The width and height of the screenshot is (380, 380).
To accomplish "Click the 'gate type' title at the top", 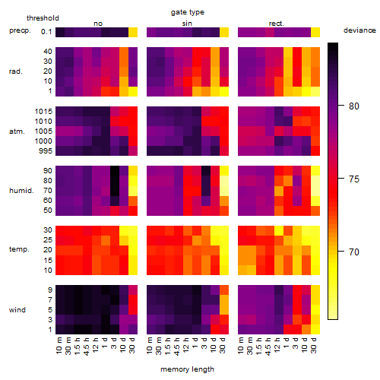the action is pyautogui.click(x=188, y=12).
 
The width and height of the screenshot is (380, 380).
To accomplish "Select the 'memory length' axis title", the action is pyautogui.click(x=188, y=369).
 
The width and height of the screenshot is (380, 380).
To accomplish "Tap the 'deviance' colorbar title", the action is pyautogui.click(x=359, y=30).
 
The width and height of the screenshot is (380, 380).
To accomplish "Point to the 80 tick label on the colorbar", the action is pyautogui.click(x=354, y=106).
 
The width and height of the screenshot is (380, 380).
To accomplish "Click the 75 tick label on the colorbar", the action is pyautogui.click(x=354, y=179).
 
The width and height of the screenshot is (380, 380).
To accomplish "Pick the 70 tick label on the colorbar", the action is pyautogui.click(x=354, y=252).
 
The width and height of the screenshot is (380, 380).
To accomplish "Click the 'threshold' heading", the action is pyautogui.click(x=43, y=18).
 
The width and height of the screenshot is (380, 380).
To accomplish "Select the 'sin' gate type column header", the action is pyautogui.click(x=187, y=24).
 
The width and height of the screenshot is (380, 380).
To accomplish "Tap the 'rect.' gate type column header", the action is pyautogui.click(x=277, y=24).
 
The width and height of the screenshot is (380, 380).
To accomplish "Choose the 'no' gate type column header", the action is pyautogui.click(x=98, y=24).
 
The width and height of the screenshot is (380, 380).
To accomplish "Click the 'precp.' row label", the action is pyautogui.click(x=20, y=31).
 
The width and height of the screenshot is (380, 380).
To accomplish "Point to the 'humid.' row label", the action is pyautogui.click(x=21, y=191).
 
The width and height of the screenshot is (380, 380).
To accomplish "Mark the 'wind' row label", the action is pyautogui.click(x=17, y=310).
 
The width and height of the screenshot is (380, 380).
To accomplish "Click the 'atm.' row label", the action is pyautogui.click(x=17, y=131).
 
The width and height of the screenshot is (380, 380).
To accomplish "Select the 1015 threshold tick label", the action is pyautogui.click(x=43, y=112).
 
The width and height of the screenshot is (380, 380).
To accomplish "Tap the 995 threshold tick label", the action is pyautogui.click(x=46, y=151).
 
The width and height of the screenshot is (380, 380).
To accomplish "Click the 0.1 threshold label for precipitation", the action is pyautogui.click(x=46, y=32).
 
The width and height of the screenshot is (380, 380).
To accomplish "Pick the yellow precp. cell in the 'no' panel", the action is pyautogui.click(x=133, y=32).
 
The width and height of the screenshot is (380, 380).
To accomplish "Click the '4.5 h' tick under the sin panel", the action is pyautogui.click(x=177, y=347).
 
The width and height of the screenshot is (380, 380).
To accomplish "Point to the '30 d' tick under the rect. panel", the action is pyautogui.click(x=314, y=346).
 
